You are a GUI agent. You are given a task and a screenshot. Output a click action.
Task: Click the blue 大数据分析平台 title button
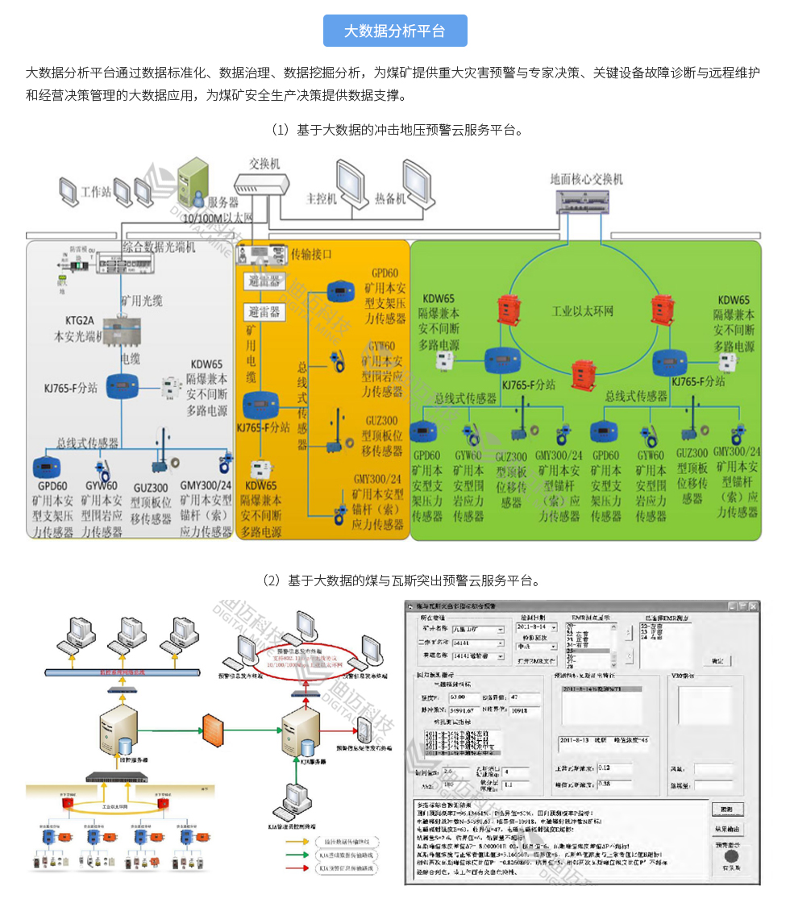coord(394,31)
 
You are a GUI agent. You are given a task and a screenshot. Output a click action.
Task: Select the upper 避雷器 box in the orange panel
coord(264,281)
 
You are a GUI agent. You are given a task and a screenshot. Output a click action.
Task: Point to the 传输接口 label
coord(311,254)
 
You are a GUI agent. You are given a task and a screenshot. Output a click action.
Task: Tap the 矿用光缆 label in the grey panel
coord(142,301)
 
